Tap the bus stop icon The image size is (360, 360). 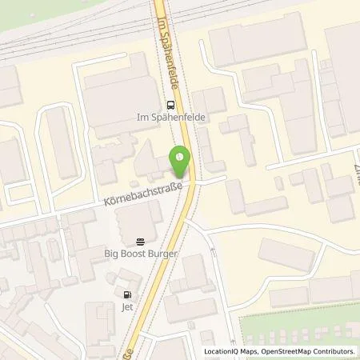coord(169,104)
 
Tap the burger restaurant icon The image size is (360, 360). coord(141,241)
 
